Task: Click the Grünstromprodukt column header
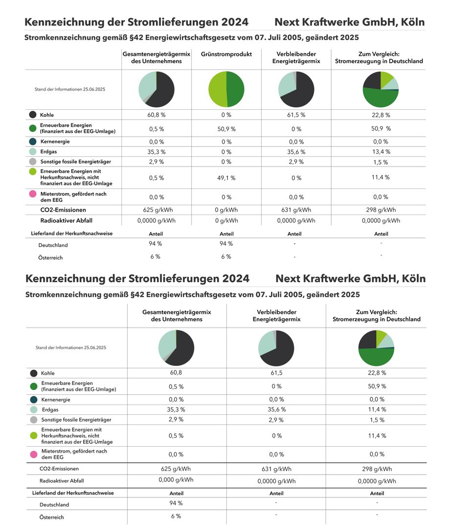pyautogui.click(x=226, y=54)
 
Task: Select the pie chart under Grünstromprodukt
pyautogui.click(x=226, y=90)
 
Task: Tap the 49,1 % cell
pyautogui.click(x=226, y=178)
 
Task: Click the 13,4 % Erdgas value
pyautogui.click(x=381, y=152)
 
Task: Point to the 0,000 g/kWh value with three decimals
pyautogui.click(x=176, y=480)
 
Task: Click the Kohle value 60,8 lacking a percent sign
pyautogui.click(x=176, y=372)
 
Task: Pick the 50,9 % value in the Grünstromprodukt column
pyautogui.click(x=226, y=129)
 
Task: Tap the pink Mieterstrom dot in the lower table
pyautogui.click(x=34, y=454)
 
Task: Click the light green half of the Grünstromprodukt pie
pyautogui.click(x=217, y=90)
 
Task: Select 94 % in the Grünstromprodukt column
pyautogui.click(x=226, y=243)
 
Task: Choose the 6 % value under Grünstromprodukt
pyautogui.click(x=226, y=257)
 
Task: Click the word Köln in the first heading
pyautogui.click(x=413, y=22)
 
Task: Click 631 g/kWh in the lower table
pyautogui.click(x=276, y=469)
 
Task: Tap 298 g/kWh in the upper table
pyautogui.click(x=381, y=210)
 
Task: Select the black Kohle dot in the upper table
pyautogui.click(x=33, y=115)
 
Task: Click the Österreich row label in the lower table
pyautogui.click(x=51, y=517)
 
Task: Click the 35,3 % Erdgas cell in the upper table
pyautogui.click(x=157, y=152)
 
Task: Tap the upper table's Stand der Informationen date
pyautogui.click(x=70, y=90)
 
